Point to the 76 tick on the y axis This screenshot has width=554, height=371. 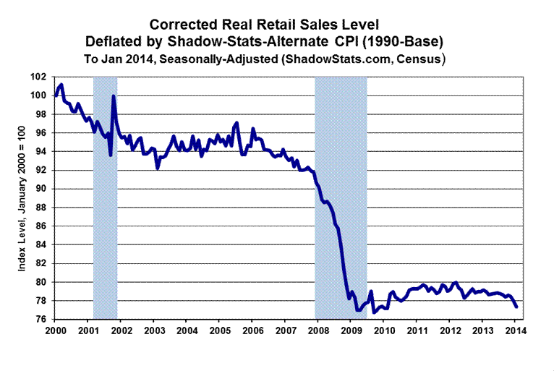click(x=41, y=320)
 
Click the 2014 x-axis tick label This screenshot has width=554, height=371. click(x=516, y=331)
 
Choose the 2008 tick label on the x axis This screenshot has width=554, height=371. click(x=318, y=331)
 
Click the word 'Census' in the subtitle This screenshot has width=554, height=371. click(x=422, y=56)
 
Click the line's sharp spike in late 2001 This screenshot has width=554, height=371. click(x=114, y=96)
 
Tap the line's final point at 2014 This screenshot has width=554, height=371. click(x=516, y=307)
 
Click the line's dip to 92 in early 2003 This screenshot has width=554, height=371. click(x=158, y=169)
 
